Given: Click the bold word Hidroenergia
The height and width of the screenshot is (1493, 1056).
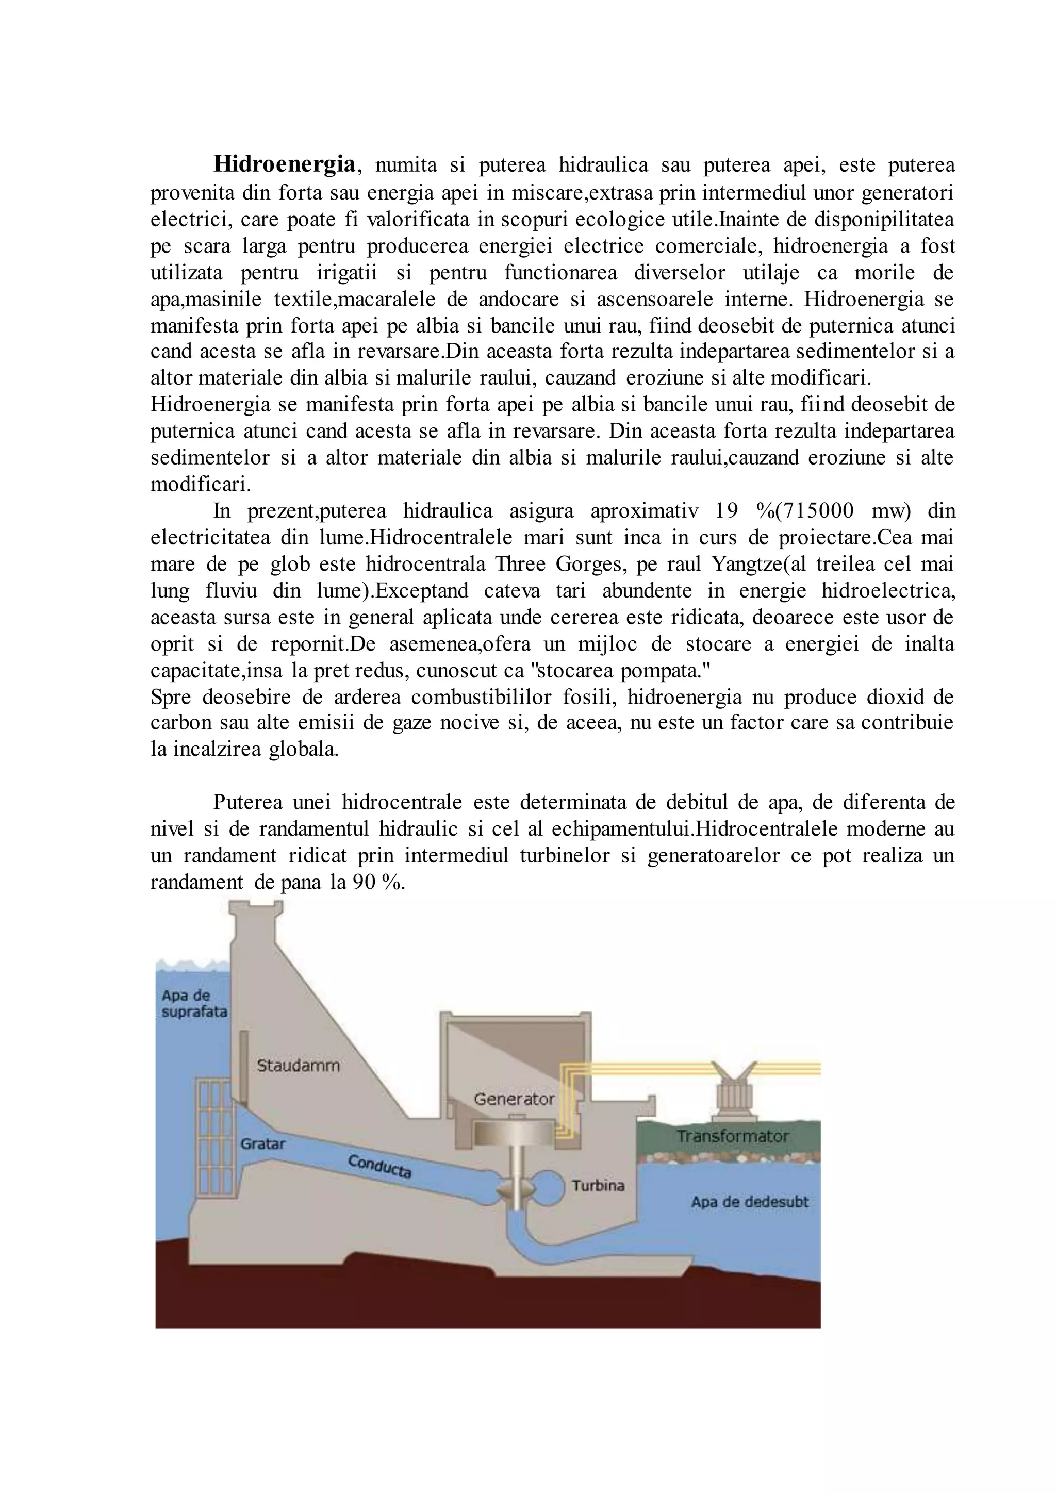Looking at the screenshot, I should point(285,164).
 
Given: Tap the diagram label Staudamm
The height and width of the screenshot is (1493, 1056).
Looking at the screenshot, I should point(298,1066).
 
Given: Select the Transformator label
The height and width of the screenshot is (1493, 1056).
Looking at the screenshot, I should point(732,1154).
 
